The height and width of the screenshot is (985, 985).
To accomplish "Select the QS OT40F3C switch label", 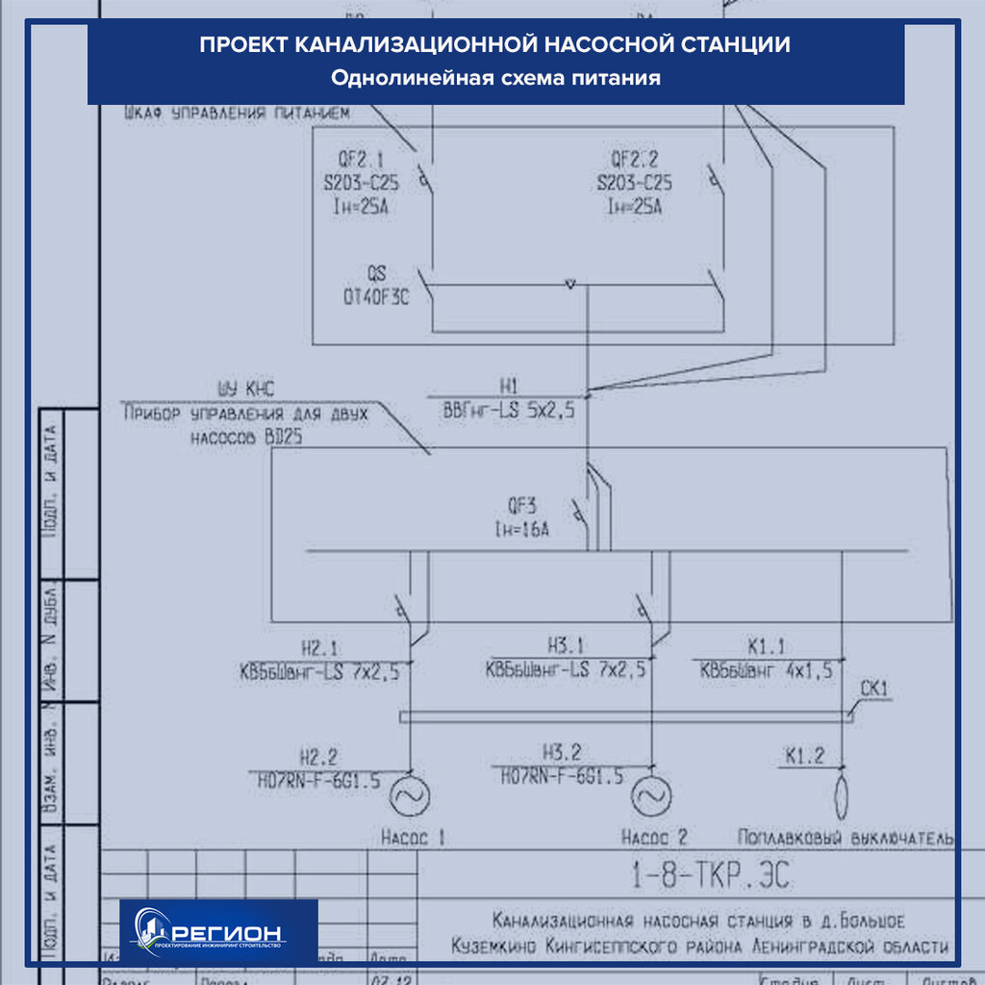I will [375, 286].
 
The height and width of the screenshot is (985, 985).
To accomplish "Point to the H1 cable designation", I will [509, 386].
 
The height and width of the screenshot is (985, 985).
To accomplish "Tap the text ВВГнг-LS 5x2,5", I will [509, 411].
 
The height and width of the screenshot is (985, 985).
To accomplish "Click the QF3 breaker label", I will [522, 504].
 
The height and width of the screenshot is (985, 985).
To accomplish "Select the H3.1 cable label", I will [566, 646].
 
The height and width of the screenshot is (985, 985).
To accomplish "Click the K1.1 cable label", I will [767, 647].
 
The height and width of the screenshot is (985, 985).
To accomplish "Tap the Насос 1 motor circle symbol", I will [410, 795].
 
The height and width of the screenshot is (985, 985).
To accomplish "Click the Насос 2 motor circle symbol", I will [651, 795].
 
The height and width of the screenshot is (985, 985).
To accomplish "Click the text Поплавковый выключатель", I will [846, 837].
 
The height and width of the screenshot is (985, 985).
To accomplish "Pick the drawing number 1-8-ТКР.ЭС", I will [712, 875].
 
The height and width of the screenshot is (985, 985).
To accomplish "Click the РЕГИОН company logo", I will [218, 931].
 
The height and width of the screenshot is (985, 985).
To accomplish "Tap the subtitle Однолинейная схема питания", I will [495, 78].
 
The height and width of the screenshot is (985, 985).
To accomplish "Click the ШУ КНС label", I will [246, 389].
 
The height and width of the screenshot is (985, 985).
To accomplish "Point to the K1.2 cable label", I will [804, 756].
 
